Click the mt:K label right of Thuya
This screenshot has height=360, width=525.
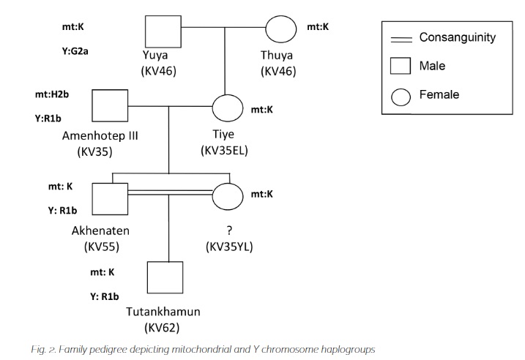click(x=318, y=28)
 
